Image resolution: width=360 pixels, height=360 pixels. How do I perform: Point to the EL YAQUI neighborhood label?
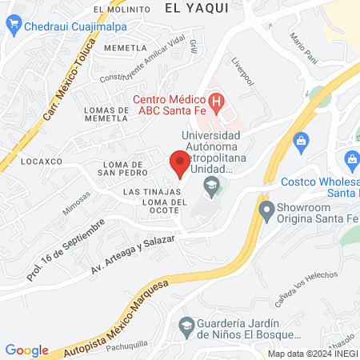[x=196, y=7]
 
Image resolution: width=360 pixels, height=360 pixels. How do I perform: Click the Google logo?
[x=27, y=350]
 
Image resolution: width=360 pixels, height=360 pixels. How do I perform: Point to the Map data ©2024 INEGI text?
[x=312, y=353]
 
